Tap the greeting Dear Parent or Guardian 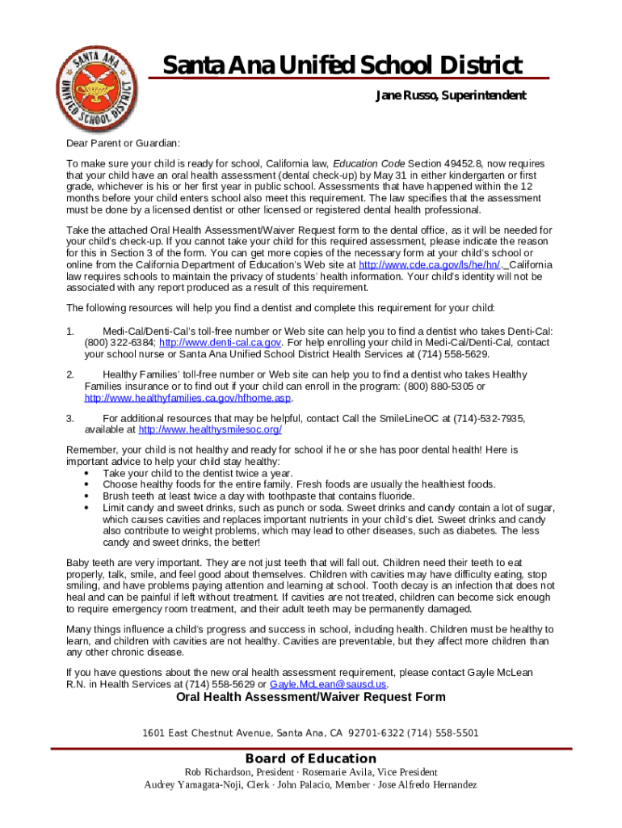(124, 143)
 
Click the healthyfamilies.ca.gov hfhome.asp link (187, 398)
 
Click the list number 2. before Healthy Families (70, 374)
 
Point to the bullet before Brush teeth (86, 496)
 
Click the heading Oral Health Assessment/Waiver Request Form (311, 697)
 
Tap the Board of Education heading (311, 758)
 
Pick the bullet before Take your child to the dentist (86, 473)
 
